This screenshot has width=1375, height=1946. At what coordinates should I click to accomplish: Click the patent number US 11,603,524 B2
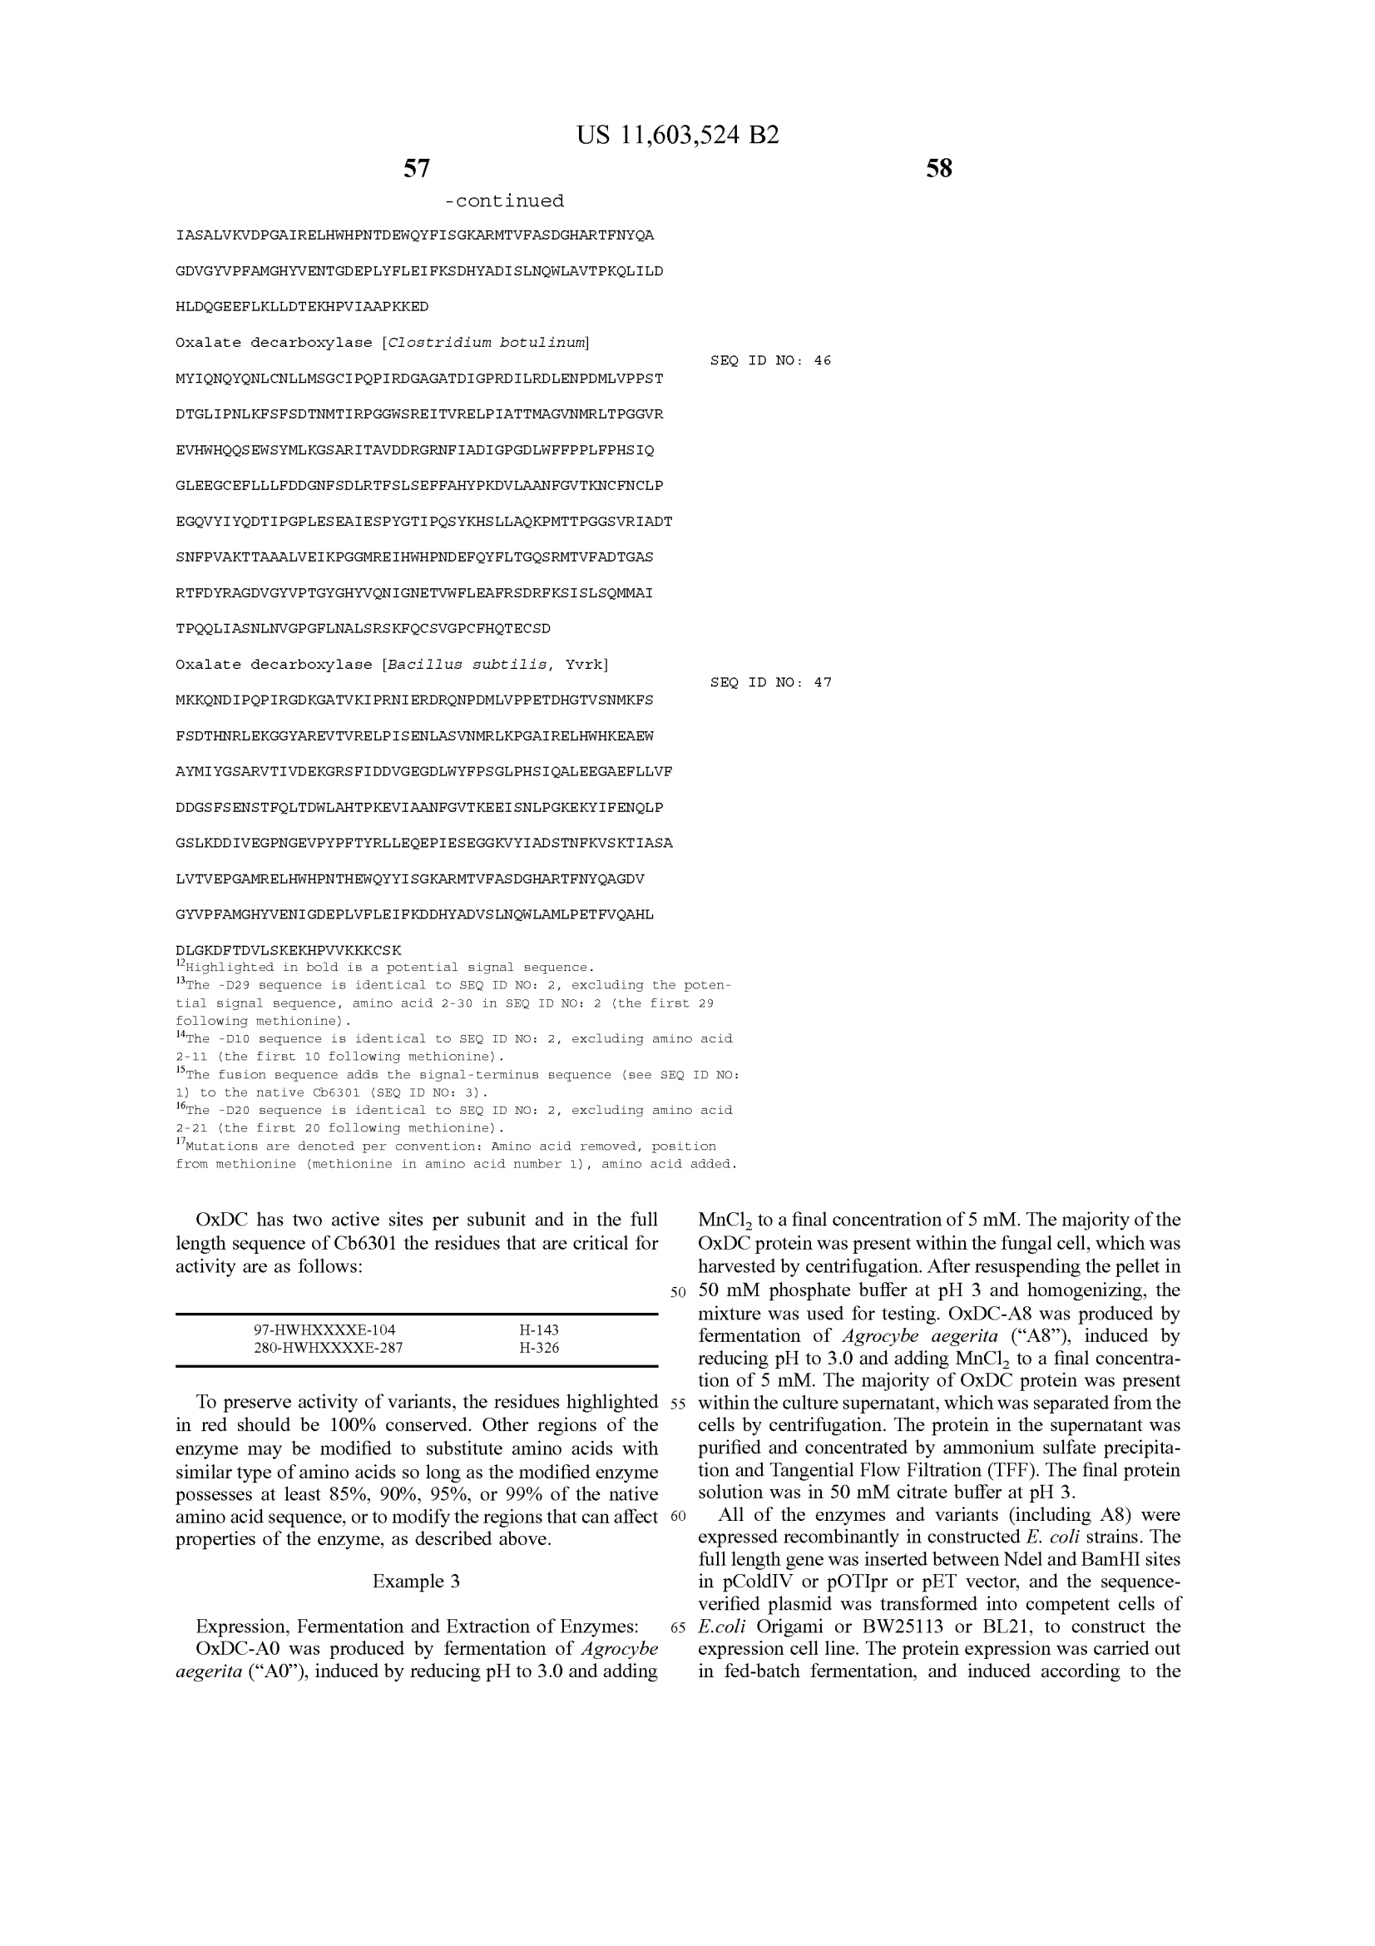pyautogui.click(x=677, y=136)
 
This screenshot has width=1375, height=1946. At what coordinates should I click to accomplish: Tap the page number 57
pyautogui.click(x=416, y=169)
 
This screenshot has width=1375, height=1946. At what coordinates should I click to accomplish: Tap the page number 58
pyautogui.click(x=938, y=169)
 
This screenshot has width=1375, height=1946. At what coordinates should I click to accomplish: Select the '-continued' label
pyautogui.click(x=504, y=201)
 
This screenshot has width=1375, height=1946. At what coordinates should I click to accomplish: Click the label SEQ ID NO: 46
pyautogui.click(x=770, y=361)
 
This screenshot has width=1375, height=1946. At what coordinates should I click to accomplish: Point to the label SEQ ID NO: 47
pyautogui.click(x=770, y=682)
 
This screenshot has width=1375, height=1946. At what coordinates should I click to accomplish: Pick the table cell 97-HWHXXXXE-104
pyautogui.click(x=324, y=1330)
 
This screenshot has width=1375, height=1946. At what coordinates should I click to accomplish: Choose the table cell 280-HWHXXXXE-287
pyautogui.click(x=328, y=1348)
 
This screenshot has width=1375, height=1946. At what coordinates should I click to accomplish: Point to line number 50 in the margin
pyautogui.click(x=677, y=1293)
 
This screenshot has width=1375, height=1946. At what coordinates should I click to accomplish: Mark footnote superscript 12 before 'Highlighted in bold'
pyautogui.click(x=181, y=964)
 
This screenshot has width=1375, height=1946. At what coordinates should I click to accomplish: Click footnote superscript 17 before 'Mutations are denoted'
pyautogui.click(x=181, y=1143)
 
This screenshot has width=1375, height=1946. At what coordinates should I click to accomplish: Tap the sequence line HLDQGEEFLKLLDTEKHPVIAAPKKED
pyautogui.click(x=302, y=307)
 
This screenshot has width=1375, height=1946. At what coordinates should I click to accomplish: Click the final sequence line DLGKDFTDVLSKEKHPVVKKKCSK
pyautogui.click(x=288, y=950)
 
